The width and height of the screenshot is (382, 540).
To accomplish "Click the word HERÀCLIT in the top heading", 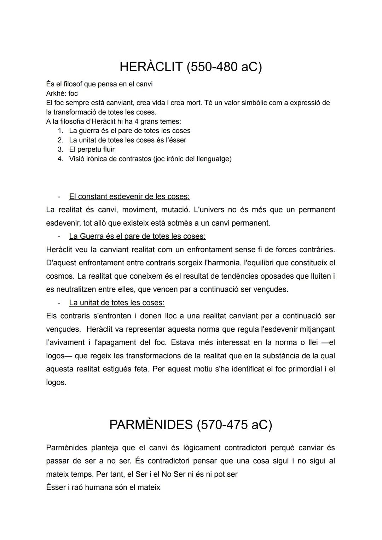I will click(151, 67).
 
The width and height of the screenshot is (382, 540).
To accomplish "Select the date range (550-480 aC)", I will click(224, 67).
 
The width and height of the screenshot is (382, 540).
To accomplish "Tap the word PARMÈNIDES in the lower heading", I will click(150, 425).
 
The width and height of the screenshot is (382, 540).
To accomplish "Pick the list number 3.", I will click(60, 149).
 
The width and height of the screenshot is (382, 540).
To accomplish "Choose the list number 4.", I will click(60, 159).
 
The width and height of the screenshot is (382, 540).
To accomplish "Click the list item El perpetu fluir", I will click(92, 149).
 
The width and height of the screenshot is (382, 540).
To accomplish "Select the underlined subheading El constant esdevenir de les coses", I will click(129, 196).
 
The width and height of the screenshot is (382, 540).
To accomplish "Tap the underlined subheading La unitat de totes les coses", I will click(117, 303).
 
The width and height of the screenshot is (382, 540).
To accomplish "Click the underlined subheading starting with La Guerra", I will click(137, 236).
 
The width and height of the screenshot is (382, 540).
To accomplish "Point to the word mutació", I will click(175, 210).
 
